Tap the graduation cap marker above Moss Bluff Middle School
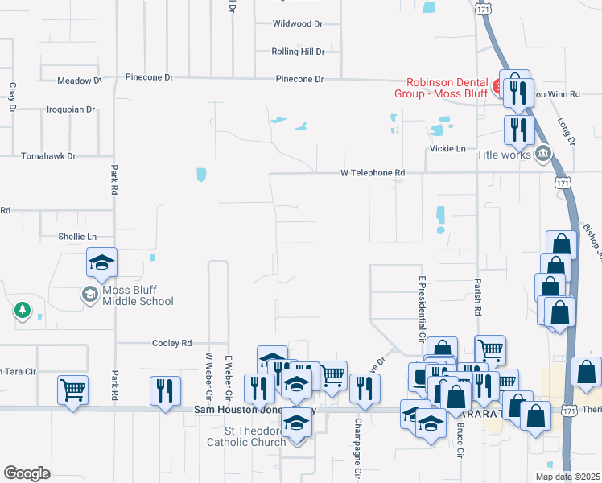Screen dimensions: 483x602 [102, 262]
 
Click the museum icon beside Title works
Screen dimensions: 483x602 [542, 153]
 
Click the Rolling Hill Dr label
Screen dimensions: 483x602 [298, 52]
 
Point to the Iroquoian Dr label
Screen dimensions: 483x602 [71, 109]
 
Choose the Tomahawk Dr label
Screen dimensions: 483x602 [48, 156]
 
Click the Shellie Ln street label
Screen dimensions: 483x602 [77, 237]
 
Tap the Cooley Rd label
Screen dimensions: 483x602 [172, 343]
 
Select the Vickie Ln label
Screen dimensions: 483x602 [449, 149]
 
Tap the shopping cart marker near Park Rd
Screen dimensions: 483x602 [72, 390]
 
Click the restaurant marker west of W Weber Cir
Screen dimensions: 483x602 [165, 390]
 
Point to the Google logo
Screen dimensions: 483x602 [27, 473]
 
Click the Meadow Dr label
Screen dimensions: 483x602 [79, 80]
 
